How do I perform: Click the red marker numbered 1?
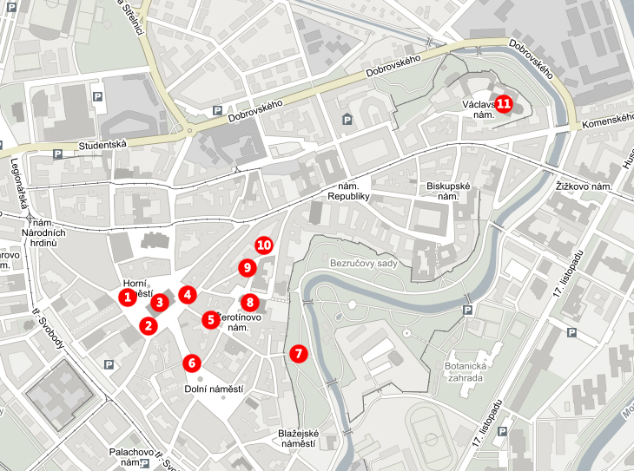coord(128,298)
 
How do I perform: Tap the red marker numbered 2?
coord(149,325)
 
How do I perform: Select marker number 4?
coord(188,294)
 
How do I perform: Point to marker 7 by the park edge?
coord(298,353)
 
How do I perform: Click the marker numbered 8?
coord(250,302)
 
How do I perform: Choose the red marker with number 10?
coord(264,245)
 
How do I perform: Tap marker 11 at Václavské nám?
coord(504,103)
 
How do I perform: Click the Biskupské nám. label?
coord(448,192)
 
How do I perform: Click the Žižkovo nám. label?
coord(584,186)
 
